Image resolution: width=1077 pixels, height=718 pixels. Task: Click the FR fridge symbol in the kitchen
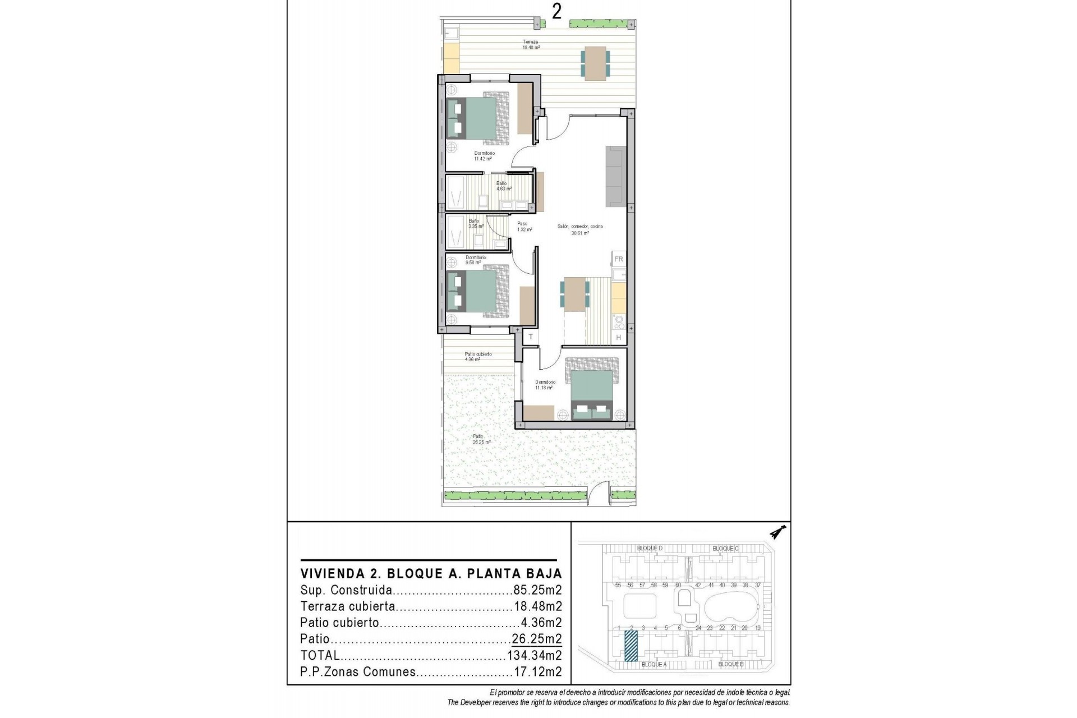pyautogui.click(x=619, y=259)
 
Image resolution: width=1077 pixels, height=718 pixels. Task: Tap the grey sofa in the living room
pyautogui.click(x=615, y=176)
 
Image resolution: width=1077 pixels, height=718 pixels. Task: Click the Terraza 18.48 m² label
pyautogui.click(x=531, y=45)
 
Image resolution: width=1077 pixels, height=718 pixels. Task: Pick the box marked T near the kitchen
pyautogui.click(x=530, y=337)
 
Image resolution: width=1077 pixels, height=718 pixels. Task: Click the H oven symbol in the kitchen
pyautogui.click(x=619, y=337)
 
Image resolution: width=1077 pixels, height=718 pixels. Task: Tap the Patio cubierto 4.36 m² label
pyautogui.click(x=477, y=357)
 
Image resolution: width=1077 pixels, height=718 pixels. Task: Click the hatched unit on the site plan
pyautogui.click(x=631, y=646)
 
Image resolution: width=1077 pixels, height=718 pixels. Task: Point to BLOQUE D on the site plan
pyautogui.click(x=650, y=548)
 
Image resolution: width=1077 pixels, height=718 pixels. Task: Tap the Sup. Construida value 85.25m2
pyautogui.click(x=537, y=590)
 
